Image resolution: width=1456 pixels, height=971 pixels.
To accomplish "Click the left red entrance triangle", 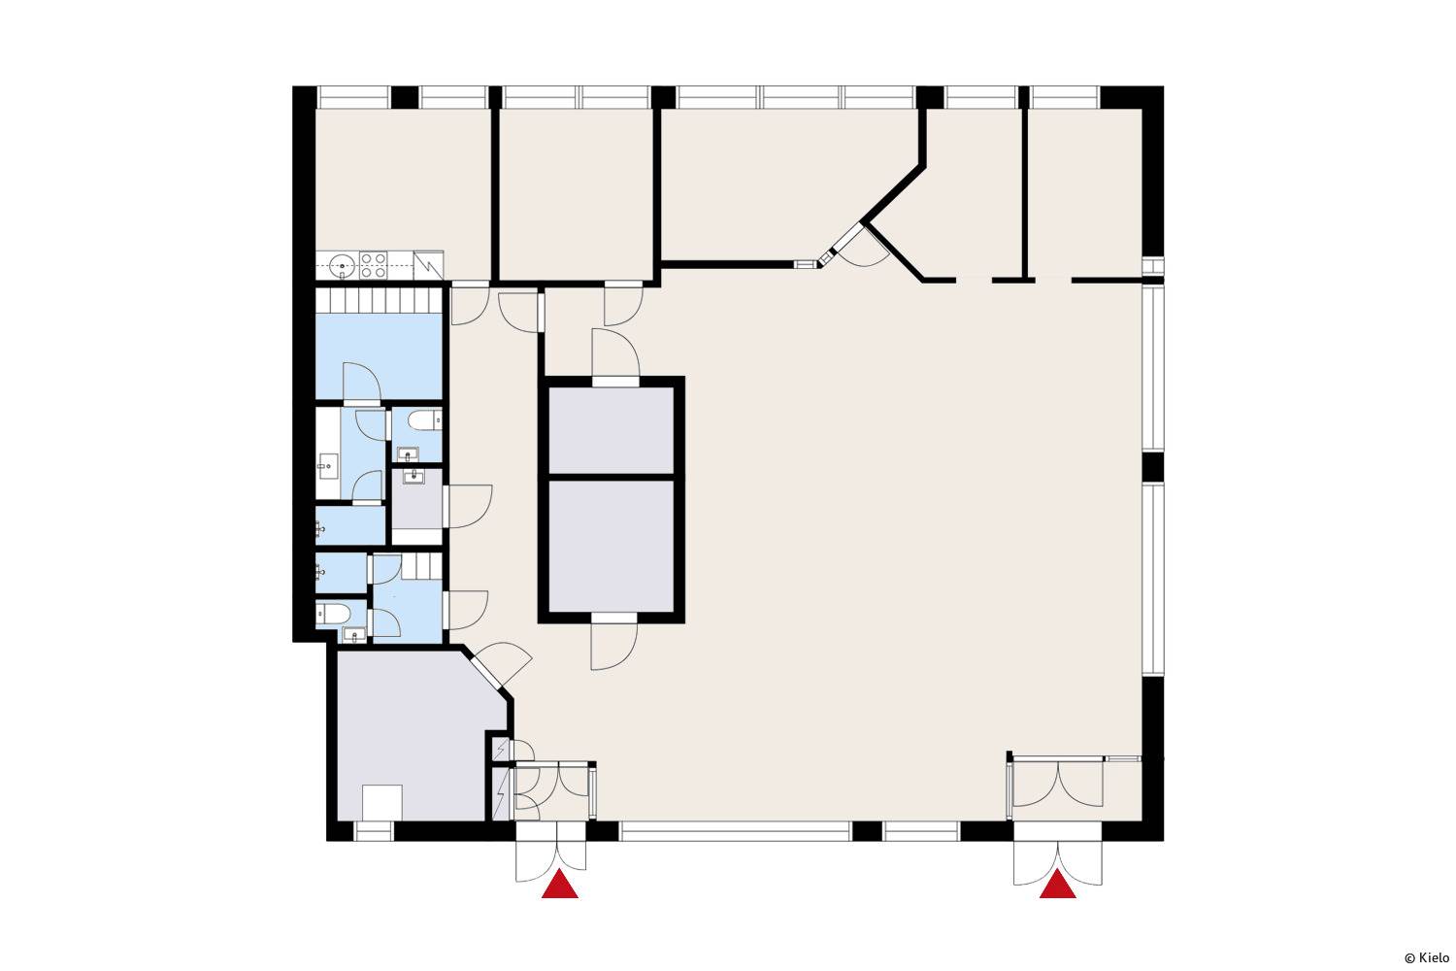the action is pyautogui.click(x=560, y=885).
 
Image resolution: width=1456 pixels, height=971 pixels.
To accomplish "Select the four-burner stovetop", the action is pyautogui.click(x=373, y=265).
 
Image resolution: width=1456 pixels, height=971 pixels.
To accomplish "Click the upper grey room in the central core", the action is pyautogui.click(x=611, y=430).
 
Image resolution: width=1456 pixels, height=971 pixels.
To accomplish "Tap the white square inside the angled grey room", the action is pyautogui.click(x=382, y=803).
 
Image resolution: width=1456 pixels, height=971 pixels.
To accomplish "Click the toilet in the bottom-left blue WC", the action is pyautogui.click(x=333, y=614).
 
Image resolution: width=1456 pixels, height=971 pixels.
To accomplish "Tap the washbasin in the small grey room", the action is pyautogui.click(x=414, y=478).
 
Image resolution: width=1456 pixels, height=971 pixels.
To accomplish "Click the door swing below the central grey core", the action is pyautogui.click(x=613, y=646).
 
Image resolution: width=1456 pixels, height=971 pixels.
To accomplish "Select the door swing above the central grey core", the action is pyautogui.click(x=615, y=352).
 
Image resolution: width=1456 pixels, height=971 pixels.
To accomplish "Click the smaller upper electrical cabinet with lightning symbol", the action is pyautogui.click(x=501, y=750).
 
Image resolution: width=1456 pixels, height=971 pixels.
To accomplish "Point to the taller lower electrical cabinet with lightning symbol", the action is pyautogui.click(x=501, y=794).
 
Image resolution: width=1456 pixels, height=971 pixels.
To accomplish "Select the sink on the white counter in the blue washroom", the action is pyautogui.click(x=328, y=466).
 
